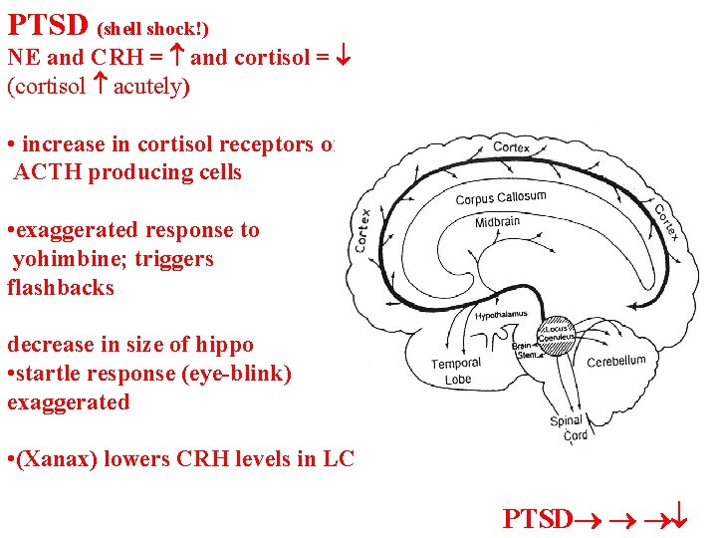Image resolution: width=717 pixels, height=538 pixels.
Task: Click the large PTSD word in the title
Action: pyautogui.click(x=48, y=22)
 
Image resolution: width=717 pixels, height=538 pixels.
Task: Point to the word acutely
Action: pyautogui.click(x=150, y=86)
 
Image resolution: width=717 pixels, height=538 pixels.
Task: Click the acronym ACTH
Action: pyautogui.click(x=48, y=172)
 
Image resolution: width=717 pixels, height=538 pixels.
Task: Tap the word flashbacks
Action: pyautogui.click(x=61, y=288)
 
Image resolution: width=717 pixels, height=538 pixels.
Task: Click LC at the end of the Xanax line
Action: pyautogui.click(x=340, y=459)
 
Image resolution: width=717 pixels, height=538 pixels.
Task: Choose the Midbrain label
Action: pyautogui.click(x=497, y=221)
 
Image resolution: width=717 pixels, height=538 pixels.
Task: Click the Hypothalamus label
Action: pyautogui.click(x=501, y=315)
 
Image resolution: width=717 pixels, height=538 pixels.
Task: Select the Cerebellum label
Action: pyautogui.click(x=615, y=361)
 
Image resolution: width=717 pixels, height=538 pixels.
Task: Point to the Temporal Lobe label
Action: pyautogui.click(x=456, y=371)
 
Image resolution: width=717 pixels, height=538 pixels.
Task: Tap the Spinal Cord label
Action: pyautogui.click(x=569, y=427)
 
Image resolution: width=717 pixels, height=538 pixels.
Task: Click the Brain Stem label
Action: pyautogui.click(x=525, y=350)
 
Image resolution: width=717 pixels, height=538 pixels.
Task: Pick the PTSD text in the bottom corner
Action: pyautogui.click(x=538, y=518)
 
